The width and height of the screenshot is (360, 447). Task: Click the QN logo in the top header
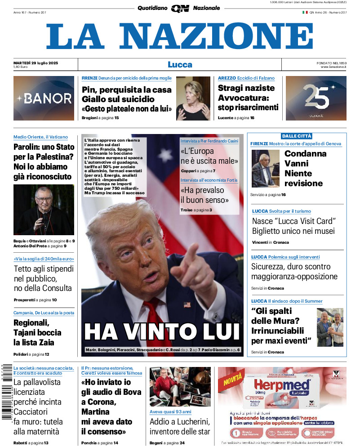[x=180, y=8]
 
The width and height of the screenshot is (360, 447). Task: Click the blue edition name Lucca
[x=180, y=64]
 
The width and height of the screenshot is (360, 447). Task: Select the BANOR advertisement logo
[x=44, y=98]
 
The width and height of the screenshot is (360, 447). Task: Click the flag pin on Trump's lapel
[x=187, y=304]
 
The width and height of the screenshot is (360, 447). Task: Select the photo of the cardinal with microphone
[x=44, y=210]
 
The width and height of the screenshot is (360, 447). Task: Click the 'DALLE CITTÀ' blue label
[x=296, y=136]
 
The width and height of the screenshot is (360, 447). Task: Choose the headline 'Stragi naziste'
[x=246, y=89]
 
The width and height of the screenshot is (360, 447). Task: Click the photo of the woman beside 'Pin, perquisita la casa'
[x=193, y=98]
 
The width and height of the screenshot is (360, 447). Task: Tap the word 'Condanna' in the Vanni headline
[x=305, y=153]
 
